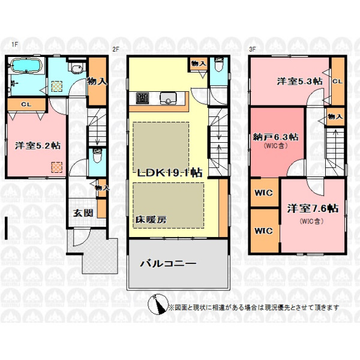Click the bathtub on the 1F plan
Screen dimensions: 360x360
point(26,65)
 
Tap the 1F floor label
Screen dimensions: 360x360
point(14,44)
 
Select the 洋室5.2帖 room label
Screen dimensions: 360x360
point(38,146)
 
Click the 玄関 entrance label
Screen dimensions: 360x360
point(83,213)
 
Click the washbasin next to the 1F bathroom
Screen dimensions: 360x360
point(77,68)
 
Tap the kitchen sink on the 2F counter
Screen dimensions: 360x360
point(168,98)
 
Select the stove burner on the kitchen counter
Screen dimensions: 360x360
point(142,98)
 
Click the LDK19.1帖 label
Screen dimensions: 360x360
point(169,172)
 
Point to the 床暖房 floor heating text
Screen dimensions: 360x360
point(151,220)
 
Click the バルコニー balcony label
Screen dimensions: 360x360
point(168,263)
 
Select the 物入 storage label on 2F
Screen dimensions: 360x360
point(199,63)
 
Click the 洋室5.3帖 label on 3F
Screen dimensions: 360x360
point(299,81)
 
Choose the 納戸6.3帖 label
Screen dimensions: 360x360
point(275,137)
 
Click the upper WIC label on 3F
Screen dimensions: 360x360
point(263,193)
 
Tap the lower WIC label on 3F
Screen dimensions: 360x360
point(263,230)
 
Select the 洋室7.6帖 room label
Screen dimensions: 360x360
point(313,209)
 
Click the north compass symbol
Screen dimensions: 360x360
point(158,304)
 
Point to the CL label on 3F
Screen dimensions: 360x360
point(337,81)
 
